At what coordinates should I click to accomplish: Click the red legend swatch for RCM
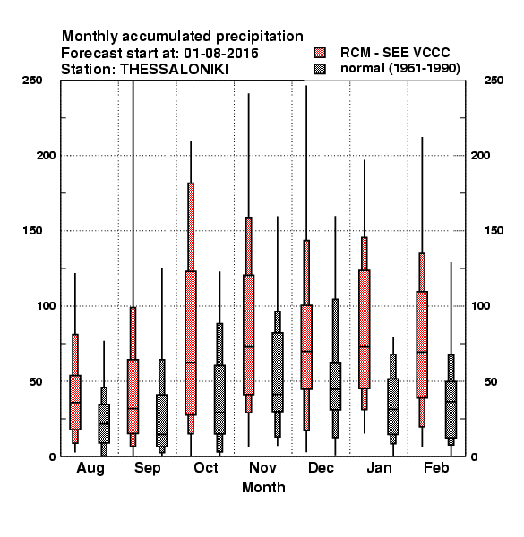click(x=320, y=53)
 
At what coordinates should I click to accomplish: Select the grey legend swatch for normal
click(x=320, y=69)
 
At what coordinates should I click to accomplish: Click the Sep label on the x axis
click(x=148, y=468)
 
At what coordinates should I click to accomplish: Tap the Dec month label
click(x=321, y=467)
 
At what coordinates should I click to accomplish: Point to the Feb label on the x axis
click(x=436, y=467)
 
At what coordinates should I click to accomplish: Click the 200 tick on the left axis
click(x=46, y=155)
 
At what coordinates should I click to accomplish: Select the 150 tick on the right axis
click(x=494, y=231)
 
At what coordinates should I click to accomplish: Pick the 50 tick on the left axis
click(x=36, y=381)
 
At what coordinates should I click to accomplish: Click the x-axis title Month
click(x=263, y=487)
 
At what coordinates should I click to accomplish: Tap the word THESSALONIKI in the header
click(x=174, y=70)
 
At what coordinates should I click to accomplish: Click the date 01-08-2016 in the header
click(x=221, y=54)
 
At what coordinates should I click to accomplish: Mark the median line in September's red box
click(x=133, y=408)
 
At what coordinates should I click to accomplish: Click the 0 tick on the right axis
click(x=474, y=456)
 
